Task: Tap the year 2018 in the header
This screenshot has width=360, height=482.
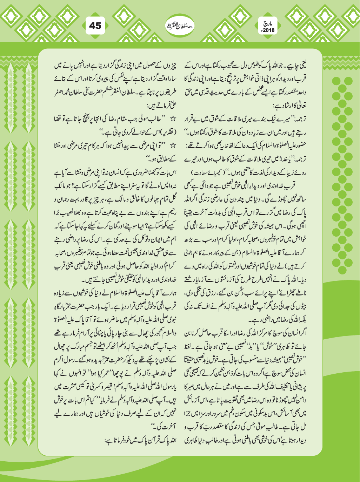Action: pyautogui.click(x=269, y=30)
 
